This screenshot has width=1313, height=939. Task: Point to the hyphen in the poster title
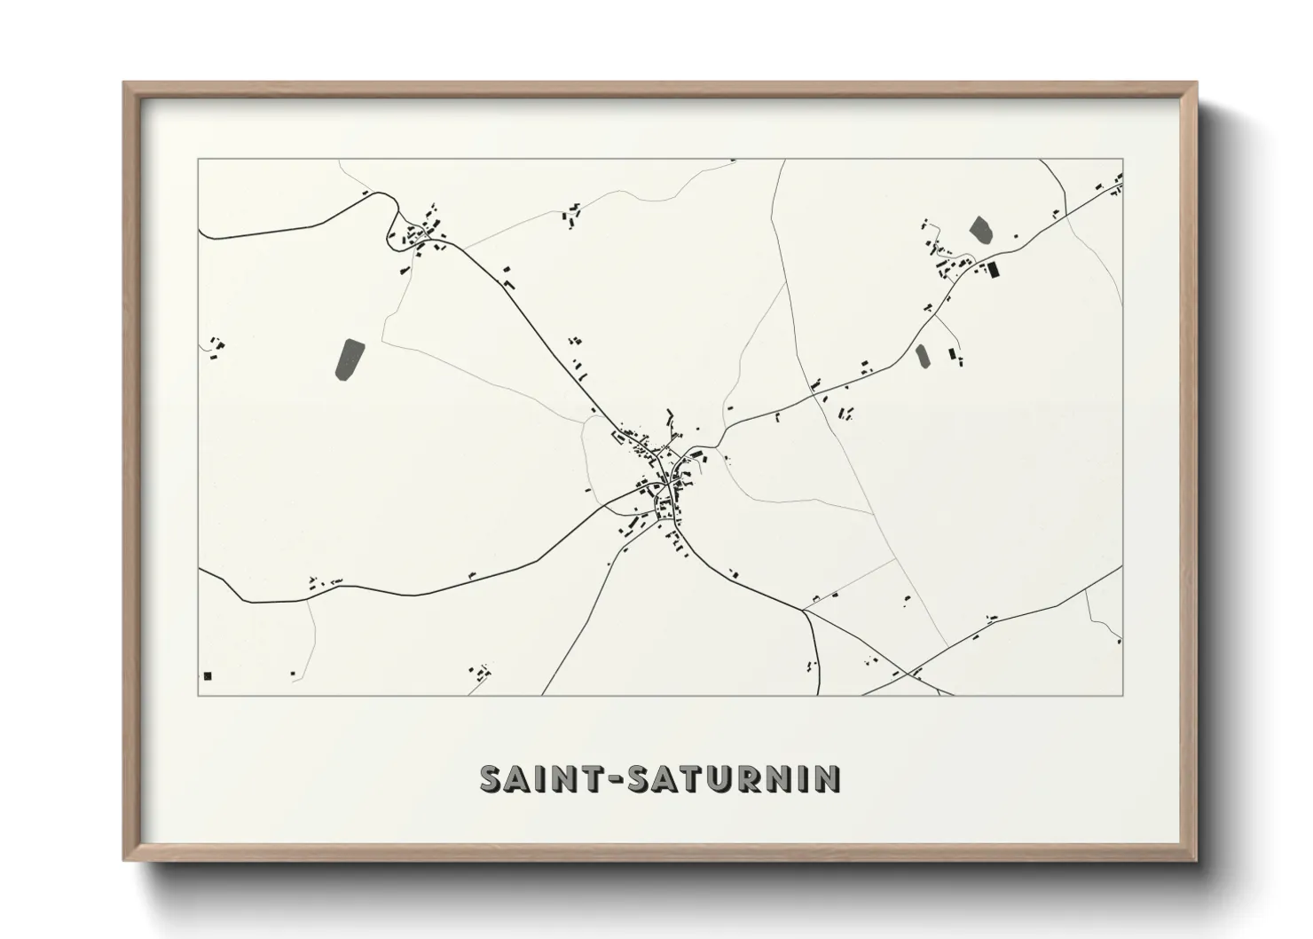point(618,780)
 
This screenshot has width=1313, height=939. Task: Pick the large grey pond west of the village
point(350,359)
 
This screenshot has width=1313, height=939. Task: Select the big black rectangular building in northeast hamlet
point(993,268)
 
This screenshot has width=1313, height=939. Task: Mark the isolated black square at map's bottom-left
point(208,675)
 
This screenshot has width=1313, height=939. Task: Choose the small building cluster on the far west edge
point(216,345)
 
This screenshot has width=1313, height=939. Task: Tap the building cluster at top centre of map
point(571,215)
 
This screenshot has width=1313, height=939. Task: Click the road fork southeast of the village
point(805,610)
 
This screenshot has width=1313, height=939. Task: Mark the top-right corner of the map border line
point(1123,159)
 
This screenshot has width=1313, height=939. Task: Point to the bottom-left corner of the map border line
point(198,695)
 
